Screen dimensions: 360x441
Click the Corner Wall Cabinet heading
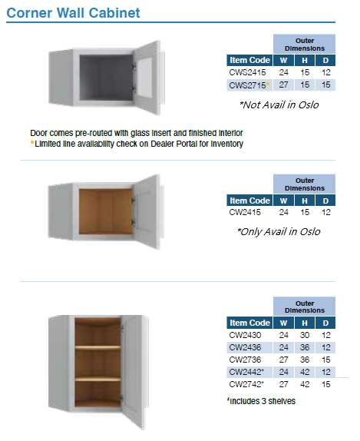(73, 13)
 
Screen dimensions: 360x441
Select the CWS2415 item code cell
(247, 71)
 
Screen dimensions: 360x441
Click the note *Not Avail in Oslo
(279, 104)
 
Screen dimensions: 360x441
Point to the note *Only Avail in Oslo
(278, 231)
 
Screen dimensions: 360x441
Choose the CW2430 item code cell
(246, 334)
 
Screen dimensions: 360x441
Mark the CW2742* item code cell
(247, 383)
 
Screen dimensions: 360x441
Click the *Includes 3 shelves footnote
(261, 400)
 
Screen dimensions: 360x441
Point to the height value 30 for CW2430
(305, 334)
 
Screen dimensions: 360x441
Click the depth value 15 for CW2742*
(325, 383)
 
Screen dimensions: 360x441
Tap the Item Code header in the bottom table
(249, 323)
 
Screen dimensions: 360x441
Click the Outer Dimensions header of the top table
(305, 44)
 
